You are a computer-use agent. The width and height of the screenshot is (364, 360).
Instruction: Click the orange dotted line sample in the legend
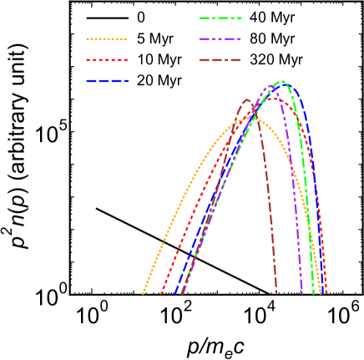[107, 39]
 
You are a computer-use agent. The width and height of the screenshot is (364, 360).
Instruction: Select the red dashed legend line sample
[107, 60]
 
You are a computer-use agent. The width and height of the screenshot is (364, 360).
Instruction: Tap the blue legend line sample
[107, 81]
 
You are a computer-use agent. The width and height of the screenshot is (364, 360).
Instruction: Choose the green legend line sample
[220, 18]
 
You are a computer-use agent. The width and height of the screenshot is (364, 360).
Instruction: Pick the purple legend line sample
[220, 39]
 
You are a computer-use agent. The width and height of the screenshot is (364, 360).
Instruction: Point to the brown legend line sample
[220, 60]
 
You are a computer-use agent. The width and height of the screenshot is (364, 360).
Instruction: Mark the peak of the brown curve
[247, 100]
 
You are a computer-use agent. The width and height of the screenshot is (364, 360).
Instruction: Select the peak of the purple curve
[272, 86]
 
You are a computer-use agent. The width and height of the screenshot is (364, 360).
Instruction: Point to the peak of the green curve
[283, 82]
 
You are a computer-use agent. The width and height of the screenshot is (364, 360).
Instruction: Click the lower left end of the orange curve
[143, 293]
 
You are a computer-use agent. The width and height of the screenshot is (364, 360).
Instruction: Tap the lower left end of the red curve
[160, 293]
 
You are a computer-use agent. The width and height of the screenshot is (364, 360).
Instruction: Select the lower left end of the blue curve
[175, 293]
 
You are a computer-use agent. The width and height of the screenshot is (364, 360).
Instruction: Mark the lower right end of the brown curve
[276, 292]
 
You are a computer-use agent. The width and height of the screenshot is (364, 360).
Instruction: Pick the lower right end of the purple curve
[302, 292]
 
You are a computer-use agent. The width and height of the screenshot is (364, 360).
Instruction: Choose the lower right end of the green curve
[314, 292]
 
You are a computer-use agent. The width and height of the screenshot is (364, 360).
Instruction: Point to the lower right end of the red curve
[326, 293]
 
